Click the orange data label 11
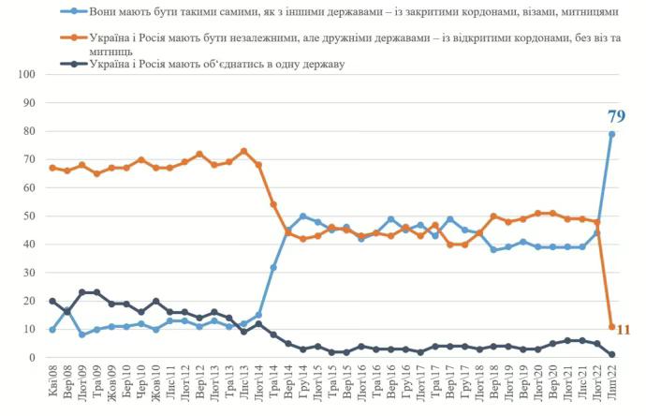coord(624,330)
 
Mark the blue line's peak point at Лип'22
coord(612,134)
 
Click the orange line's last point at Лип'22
coord(612,327)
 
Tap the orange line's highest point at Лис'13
coord(243,151)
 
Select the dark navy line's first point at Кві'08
coord(52,301)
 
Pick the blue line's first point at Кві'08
coord(52,330)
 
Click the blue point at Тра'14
coord(273,267)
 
